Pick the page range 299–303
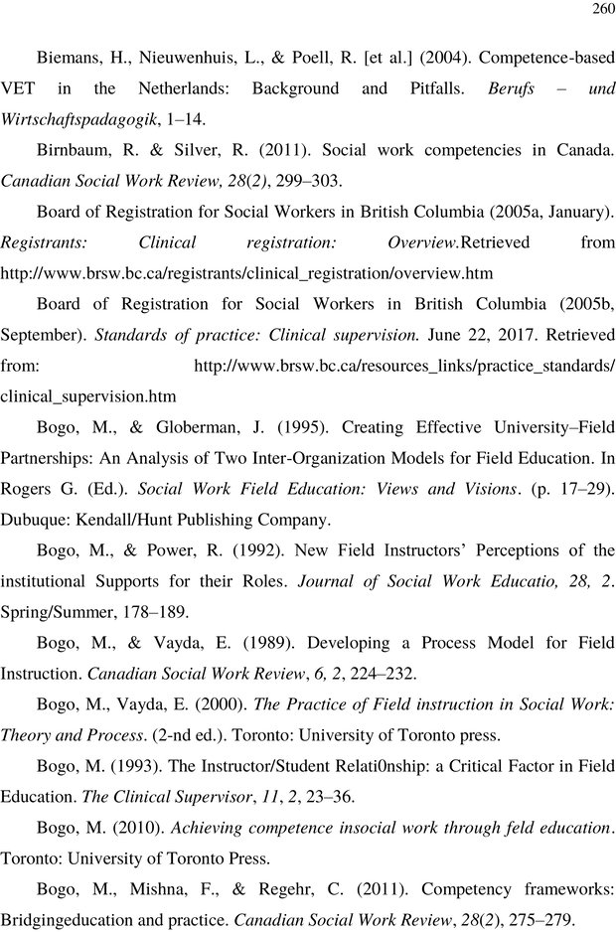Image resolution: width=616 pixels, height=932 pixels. point(313,181)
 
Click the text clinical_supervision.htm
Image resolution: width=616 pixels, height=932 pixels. point(88,396)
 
